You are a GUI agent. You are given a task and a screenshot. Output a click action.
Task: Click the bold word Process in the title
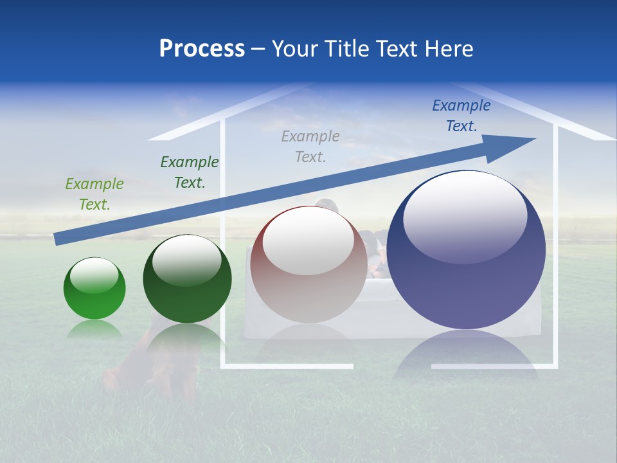[x=202, y=49]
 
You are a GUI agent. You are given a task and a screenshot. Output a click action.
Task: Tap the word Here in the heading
[x=448, y=49]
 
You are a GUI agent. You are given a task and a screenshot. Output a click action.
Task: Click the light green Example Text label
[x=94, y=194]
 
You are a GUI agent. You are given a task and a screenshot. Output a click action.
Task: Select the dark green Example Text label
[x=190, y=172]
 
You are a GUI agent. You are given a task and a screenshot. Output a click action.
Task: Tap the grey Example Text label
[x=310, y=146]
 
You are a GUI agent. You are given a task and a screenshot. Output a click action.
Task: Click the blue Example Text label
[x=461, y=115]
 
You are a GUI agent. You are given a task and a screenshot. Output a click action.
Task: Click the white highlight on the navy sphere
[x=465, y=215]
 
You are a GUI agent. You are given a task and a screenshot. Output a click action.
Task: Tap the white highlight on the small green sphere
[x=94, y=275]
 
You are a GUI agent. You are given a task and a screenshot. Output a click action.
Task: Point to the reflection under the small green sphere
[x=94, y=329]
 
